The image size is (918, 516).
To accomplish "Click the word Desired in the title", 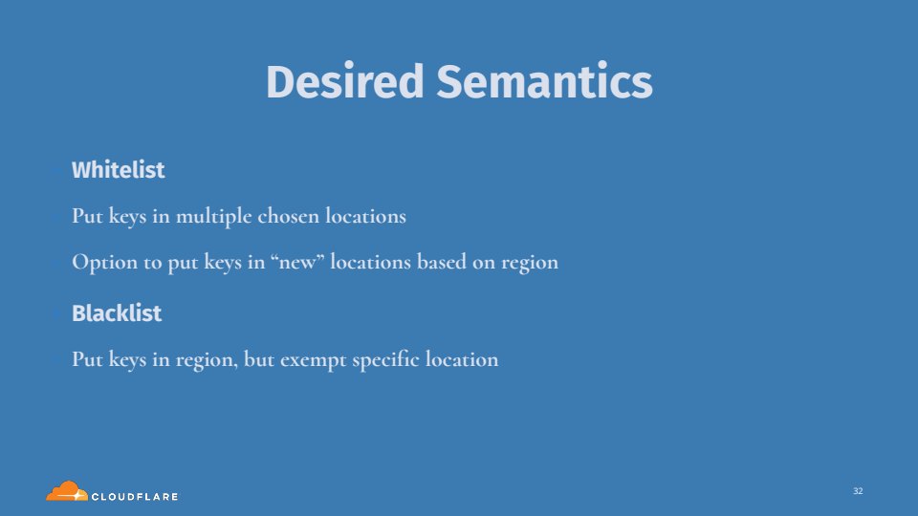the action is point(344,81).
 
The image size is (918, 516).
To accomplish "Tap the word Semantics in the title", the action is point(544,81).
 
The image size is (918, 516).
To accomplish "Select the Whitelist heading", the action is point(119,170).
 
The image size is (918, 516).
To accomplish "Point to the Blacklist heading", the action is point(117,313).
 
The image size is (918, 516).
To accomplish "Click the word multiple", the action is point(213,217).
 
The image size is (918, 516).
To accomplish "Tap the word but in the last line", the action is point(259,359).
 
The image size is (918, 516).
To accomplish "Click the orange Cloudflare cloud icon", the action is point(67,491).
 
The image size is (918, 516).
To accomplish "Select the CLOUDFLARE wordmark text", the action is point(135,497).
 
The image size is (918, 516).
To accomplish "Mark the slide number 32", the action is point(858,491).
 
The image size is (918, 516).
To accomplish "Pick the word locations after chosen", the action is point(365,216).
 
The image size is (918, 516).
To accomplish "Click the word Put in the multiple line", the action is point(87,216).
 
